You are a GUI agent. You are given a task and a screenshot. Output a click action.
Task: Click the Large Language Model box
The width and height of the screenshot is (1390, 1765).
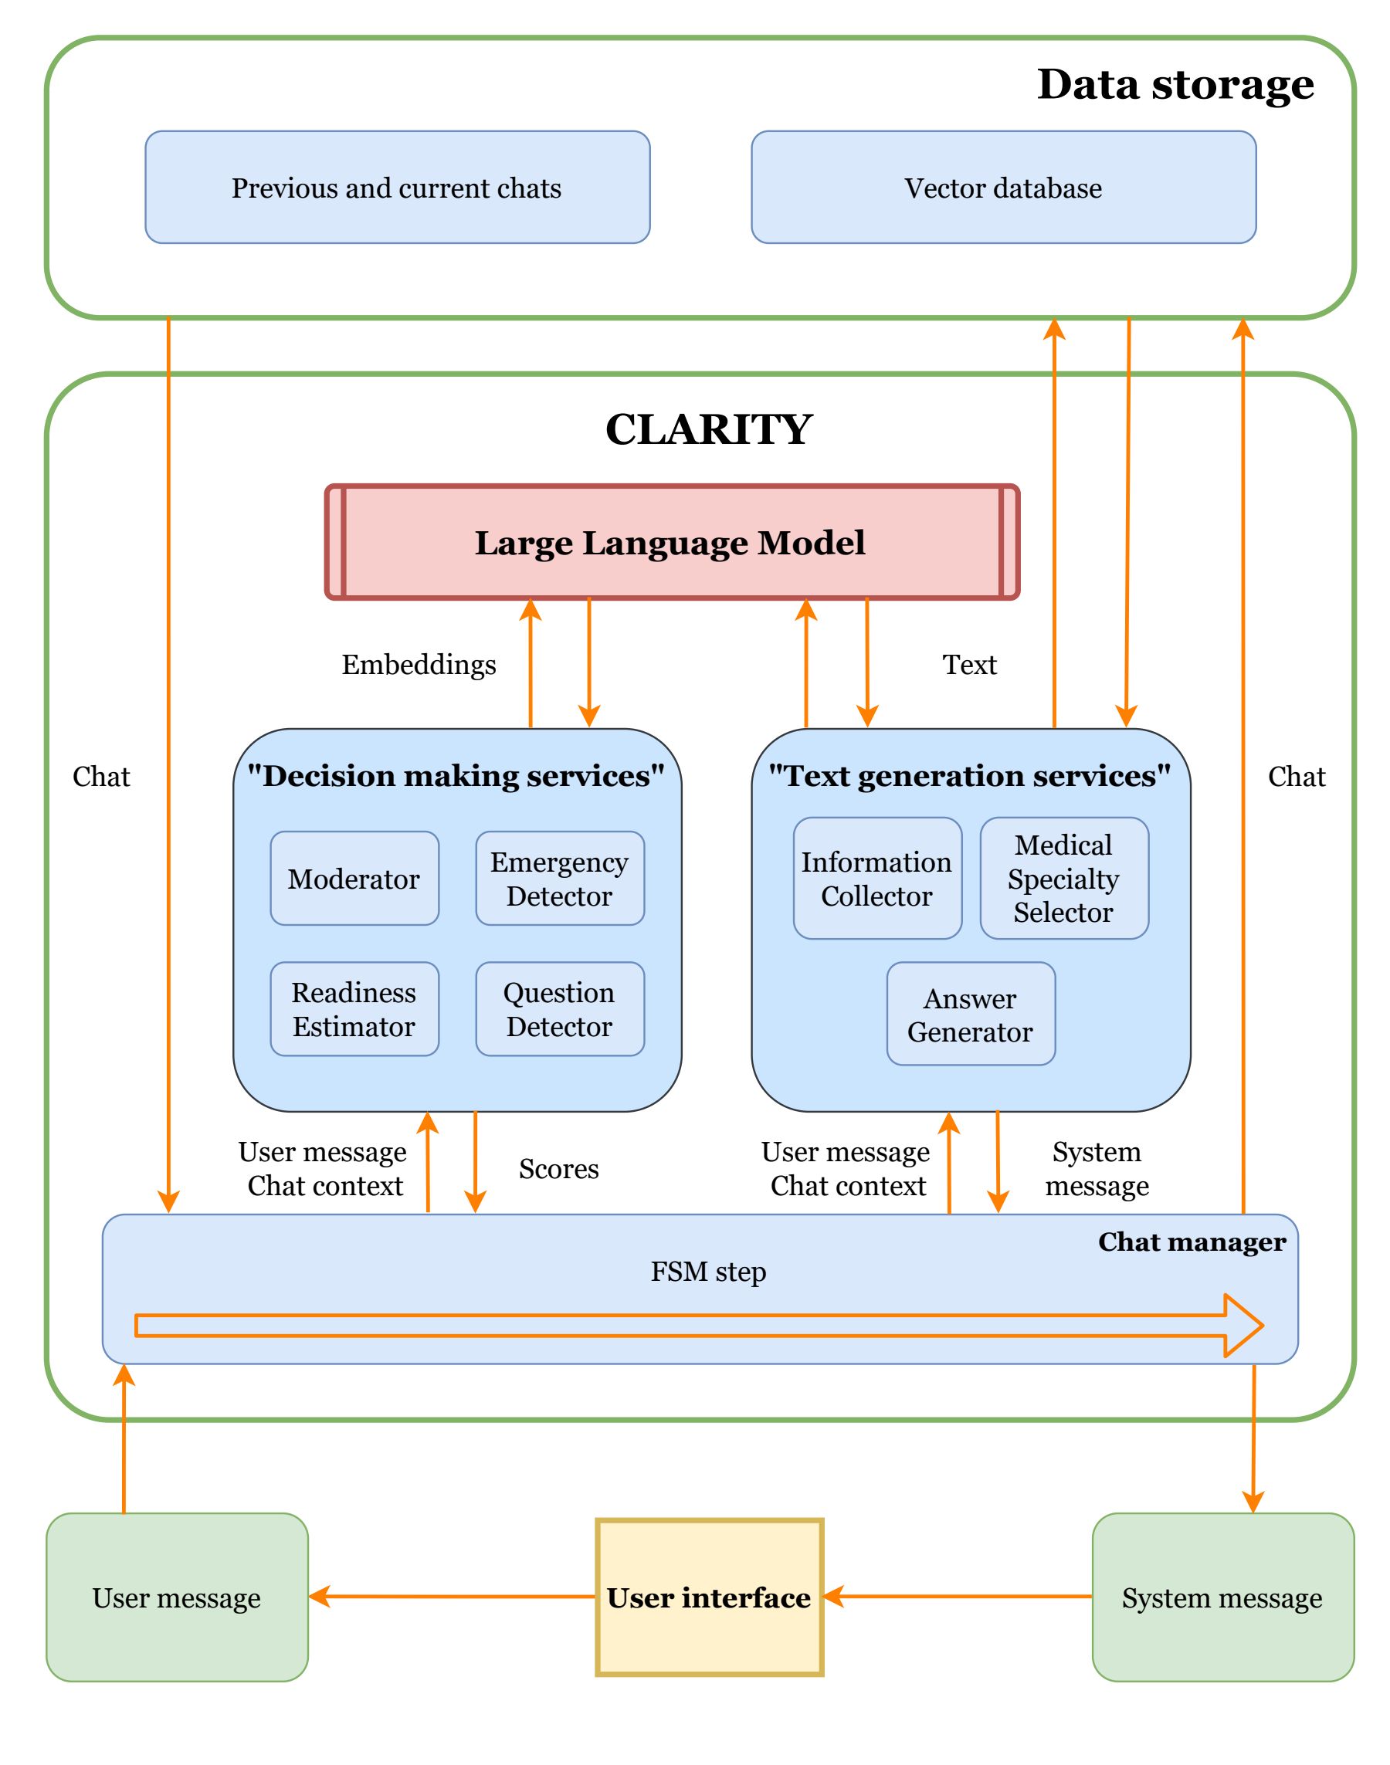671,543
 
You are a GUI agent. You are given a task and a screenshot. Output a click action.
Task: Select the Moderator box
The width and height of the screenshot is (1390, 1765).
354,879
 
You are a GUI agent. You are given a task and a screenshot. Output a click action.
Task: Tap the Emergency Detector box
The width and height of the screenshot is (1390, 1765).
560,879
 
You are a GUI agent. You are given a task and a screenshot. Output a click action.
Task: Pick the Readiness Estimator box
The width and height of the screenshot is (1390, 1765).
354,1009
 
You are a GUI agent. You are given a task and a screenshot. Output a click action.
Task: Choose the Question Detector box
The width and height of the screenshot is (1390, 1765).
560,1009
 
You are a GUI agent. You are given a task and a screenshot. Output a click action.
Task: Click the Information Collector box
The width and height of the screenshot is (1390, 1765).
877,879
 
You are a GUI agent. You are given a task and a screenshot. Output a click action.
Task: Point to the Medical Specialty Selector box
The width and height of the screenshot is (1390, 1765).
1063,879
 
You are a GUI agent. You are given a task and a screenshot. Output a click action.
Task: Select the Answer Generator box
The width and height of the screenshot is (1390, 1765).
970,1014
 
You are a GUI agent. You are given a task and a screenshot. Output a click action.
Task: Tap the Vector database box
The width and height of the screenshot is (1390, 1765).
1003,187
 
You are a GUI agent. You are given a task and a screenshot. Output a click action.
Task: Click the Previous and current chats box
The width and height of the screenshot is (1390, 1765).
397,187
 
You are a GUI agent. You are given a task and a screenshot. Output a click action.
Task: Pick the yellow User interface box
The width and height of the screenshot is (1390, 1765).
709,1597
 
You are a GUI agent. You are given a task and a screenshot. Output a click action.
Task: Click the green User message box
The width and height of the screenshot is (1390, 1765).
177,1597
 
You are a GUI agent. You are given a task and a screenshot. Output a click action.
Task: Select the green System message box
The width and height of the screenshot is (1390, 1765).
1222,1597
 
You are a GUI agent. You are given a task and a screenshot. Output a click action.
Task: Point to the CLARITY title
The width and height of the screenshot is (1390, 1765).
709,429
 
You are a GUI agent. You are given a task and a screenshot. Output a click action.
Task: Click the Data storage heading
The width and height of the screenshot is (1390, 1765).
1175,84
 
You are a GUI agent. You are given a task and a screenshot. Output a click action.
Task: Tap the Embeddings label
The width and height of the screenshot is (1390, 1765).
419,665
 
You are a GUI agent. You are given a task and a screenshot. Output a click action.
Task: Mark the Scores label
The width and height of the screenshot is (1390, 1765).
559,1168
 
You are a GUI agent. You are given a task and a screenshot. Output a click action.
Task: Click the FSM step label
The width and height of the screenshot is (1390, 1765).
708,1271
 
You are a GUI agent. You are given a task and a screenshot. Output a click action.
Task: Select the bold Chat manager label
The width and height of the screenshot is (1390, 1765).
1192,1242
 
